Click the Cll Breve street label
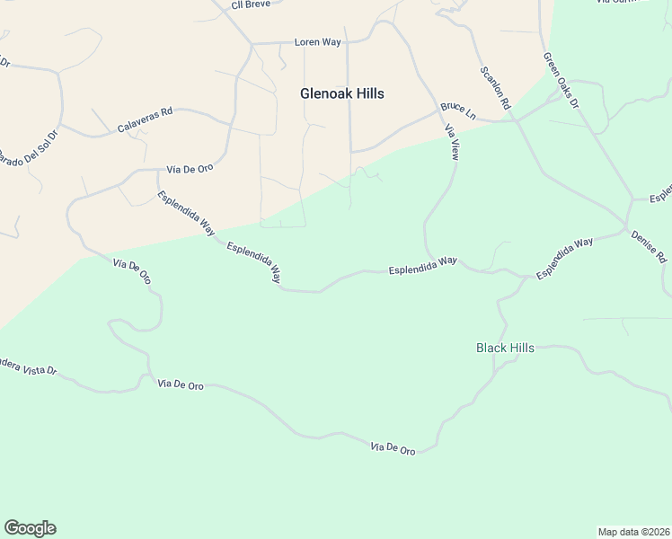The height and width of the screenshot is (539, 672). [x=252, y=4]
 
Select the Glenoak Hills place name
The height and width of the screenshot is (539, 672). [x=342, y=93]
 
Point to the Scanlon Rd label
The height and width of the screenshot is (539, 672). [x=495, y=88]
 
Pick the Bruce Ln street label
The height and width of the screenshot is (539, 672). [x=457, y=111]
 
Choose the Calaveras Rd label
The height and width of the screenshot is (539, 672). [x=145, y=121]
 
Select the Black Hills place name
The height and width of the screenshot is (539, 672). [x=505, y=348]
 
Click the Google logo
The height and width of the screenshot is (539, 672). [x=30, y=528]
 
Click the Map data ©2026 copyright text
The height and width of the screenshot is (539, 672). [x=632, y=532]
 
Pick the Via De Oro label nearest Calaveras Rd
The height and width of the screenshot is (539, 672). [x=190, y=169]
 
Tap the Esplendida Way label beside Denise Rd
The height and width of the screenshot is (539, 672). [x=565, y=259]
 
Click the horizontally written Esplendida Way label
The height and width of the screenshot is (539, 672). [x=422, y=265]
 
